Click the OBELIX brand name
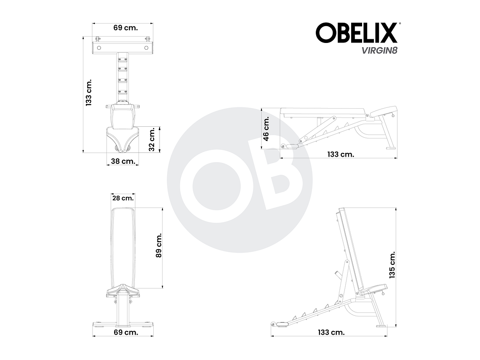click(356, 33)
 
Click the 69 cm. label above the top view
click(123, 28)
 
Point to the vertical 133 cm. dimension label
click(88, 92)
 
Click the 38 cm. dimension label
click(123, 161)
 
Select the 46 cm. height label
click(266, 129)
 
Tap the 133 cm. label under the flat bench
click(341, 154)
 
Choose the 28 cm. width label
click(123, 198)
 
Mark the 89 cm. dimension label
click(159, 246)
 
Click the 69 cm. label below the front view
click(123, 332)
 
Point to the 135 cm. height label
click(392, 265)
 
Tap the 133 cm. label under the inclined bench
click(331, 332)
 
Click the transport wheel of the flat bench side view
click(283, 147)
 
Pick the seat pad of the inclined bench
click(373, 290)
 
